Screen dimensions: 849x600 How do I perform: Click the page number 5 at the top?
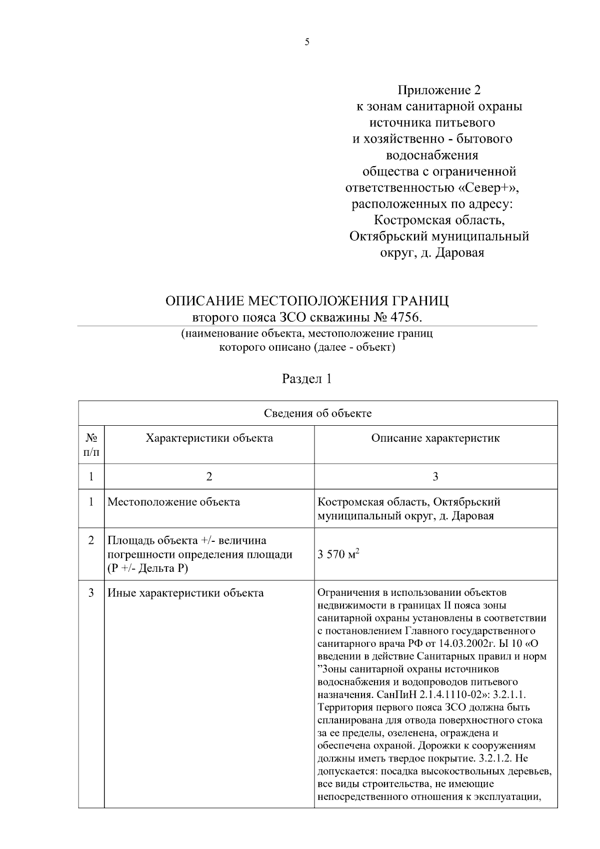point(306,43)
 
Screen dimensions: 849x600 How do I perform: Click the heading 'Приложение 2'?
point(438,91)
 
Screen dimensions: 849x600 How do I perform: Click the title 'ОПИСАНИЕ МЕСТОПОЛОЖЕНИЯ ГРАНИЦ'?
point(307,301)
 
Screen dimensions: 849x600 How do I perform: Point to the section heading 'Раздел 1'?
point(307,379)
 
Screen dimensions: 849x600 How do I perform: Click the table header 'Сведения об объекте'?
point(317,413)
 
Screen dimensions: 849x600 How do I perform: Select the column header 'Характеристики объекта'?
point(209,439)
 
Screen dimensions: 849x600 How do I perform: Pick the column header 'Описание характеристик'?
point(435,439)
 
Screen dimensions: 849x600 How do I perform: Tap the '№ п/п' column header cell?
point(91,445)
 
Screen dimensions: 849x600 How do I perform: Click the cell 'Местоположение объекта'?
point(174,502)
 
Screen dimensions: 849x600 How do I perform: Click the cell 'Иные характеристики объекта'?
point(186,593)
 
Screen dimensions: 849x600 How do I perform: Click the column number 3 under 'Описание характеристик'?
point(435,477)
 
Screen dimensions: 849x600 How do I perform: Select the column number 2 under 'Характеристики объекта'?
point(209,477)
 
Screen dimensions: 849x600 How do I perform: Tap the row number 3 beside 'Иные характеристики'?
point(91,593)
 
